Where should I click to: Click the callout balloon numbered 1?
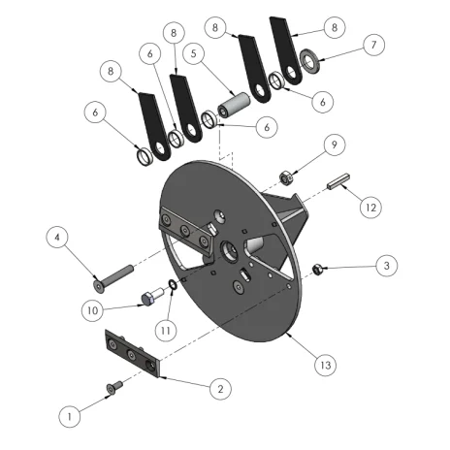pos(70,417)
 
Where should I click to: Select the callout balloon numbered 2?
pos(220,389)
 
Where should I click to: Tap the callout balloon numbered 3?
pos(386,266)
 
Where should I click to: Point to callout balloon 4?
pos(57,238)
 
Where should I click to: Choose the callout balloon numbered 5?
pos(193,53)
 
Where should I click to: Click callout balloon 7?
pos(373,45)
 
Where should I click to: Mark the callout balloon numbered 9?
pos(335,145)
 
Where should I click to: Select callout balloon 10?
pos(92,310)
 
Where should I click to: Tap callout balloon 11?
pos(166,331)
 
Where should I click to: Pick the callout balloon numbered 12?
pos(370,208)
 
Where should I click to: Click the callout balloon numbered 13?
pos(326,366)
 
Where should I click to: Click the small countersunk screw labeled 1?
pos(114,387)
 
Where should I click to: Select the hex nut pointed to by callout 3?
pos(316,270)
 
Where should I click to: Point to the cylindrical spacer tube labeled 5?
pos(234,104)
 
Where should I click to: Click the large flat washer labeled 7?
pos(310,61)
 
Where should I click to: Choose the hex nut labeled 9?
pos(286,178)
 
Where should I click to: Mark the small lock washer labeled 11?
pos(172,285)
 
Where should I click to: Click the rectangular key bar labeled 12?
pos(338,181)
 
